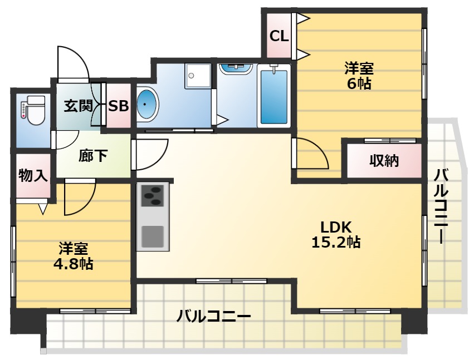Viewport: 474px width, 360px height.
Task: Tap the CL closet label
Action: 278,36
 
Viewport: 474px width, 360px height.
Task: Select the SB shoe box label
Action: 118,106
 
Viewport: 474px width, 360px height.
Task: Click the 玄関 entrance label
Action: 77,106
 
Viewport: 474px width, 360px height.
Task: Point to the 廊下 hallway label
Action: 92,156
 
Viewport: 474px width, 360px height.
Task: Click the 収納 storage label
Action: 384,161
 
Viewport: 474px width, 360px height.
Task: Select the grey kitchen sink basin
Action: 152,236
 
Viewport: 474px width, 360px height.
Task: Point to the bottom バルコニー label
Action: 213,317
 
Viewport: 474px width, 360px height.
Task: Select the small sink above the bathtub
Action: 236,68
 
